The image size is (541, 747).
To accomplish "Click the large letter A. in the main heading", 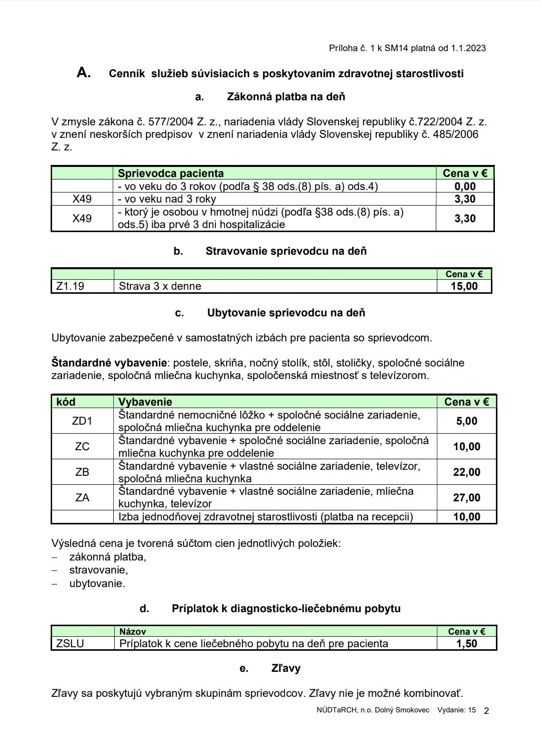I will pyautogui.click(x=84, y=73).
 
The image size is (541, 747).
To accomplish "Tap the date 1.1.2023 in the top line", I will pyautogui.click(x=468, y=48).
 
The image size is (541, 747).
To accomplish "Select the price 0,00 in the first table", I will pyautogui.click(x=465, y=186).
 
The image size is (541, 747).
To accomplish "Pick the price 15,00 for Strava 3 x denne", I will pyautogui.click(x=464, y=286).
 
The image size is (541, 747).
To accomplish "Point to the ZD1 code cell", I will pyautogui.click(x=82, y=421).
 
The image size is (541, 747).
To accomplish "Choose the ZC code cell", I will pyautogui.click(x=82, y=447).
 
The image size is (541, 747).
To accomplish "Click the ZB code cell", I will pyautogui.click(x=82, y=472).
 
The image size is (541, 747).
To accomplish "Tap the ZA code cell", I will pyautogui.click(x=82, y=498).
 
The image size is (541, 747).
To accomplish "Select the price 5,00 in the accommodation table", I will pyautogui.click(x=467, y=421).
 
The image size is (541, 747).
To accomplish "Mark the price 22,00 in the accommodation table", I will pyautogui.click(x=467, y=472).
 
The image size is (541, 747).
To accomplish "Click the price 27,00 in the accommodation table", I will pyautogui.click(x=467, y=498).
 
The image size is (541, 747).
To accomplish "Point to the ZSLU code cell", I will pyautogui.click(x=70, y=644).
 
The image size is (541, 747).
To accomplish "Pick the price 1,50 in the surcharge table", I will pyautogui.click(x=467, y=644).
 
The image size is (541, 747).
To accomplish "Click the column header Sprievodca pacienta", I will pyautogui.click(x=171, y=173).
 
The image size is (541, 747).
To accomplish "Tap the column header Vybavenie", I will pyautogui.click(x=145, y=402).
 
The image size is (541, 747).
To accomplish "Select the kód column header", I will pyautogui.click(x=66, y=402).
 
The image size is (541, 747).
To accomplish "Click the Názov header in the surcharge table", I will pyautogui.click(x=133, y=632).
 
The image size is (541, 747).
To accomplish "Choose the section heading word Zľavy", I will pyautogui.click(x=286, y=668).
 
